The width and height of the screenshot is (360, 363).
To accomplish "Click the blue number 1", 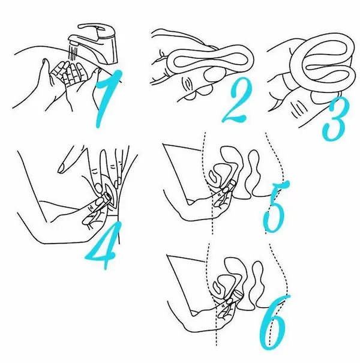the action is click(x=107, y=97).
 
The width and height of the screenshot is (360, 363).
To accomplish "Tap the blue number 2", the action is click(x=237, y=102).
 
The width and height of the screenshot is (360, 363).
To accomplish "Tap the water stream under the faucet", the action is click(x=73, y=52).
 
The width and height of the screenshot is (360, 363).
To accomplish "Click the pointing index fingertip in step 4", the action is click(x=62, y=169).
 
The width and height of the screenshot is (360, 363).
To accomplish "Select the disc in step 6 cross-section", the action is click(x=236, y=296).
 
